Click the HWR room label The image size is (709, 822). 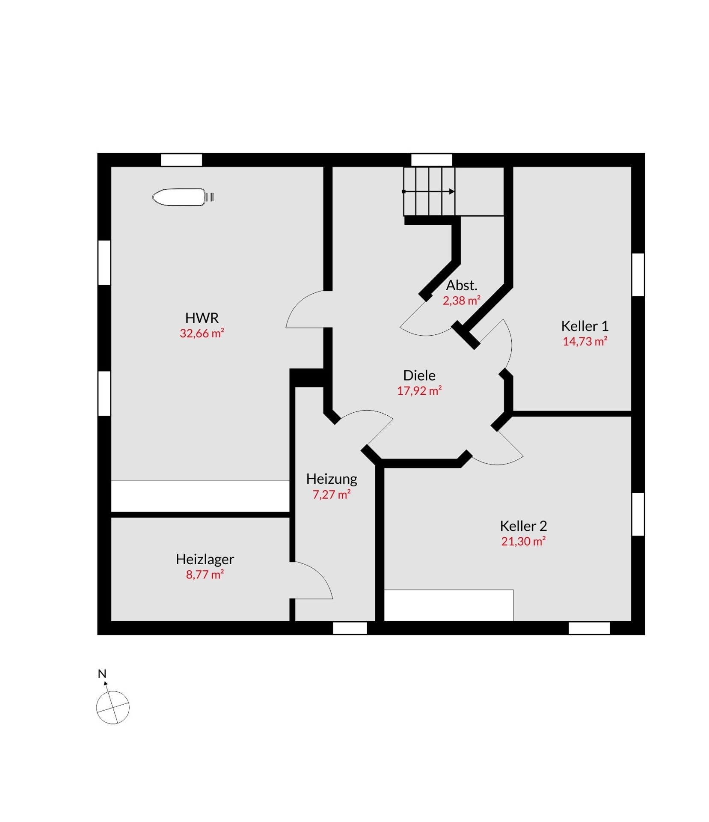point(202,318)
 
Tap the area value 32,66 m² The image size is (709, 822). point(202,333)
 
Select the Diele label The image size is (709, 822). point(419,375)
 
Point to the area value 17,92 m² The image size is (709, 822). point(419,390)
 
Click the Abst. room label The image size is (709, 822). point(461,285)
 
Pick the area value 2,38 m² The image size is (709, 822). point(461,300)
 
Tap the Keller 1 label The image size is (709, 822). point(584,326)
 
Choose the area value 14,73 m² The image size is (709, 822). point(584,341)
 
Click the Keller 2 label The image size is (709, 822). point(523,526)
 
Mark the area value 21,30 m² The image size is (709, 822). point(523,541)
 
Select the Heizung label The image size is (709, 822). point(331,479)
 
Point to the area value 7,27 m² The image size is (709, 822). point(331,494)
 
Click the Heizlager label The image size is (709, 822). point(205,560)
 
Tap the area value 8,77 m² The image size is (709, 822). point(205,575)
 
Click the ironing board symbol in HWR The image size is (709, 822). point(183,197)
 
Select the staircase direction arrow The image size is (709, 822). point(428,191)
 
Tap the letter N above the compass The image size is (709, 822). point(102,673)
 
